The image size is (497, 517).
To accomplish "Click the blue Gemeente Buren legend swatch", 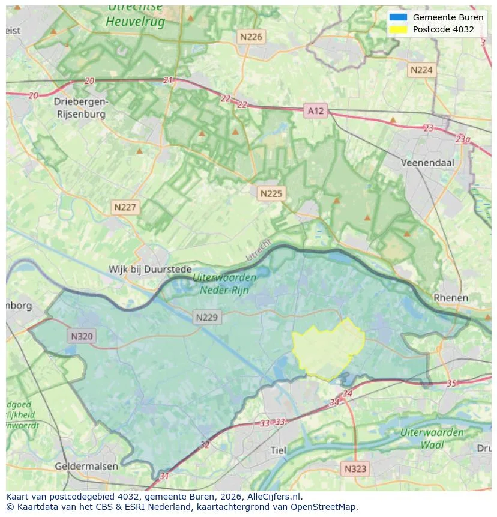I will click(x=397, y=17).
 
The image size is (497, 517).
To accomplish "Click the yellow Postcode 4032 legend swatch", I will click(x=397, y=29).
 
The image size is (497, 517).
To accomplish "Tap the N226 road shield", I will click(x=251, y=37).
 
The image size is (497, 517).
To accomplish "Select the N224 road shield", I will click(x=421, y=70).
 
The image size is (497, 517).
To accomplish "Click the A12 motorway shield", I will click(x=315, y=110).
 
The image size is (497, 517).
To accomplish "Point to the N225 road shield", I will click(x=271, y=193).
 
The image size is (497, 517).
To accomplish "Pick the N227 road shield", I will click(x=125, y=207).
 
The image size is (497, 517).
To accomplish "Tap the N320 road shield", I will click(x=82, y=336).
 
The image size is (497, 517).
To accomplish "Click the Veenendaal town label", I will click(x=427, y=162).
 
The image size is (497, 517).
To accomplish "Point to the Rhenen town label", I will click(x=451, y=298).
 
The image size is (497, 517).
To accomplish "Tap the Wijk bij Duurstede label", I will click(x=150, y=270).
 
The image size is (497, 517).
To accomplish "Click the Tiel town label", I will click(x=279, y=450).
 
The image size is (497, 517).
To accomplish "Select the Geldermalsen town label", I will click(x=86, y=466).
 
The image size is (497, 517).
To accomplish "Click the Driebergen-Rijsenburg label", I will click(x=80, y=107).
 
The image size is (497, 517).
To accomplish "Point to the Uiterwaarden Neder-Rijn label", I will click(x=224, y=283).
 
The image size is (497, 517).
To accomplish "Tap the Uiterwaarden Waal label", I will click(x=432, y=438).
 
